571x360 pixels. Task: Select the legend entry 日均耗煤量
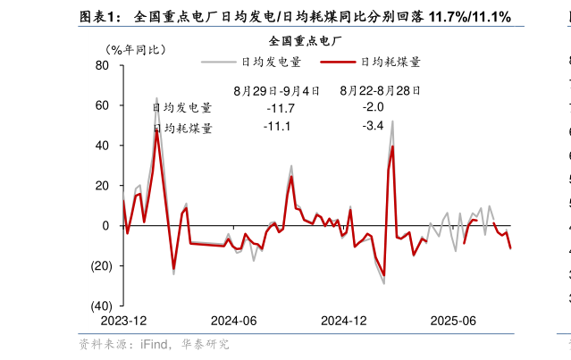coord(390,62)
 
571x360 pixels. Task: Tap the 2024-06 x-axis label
coord(234,321)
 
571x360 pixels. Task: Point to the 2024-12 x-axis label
coord(344,321)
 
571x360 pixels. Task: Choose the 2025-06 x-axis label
coord(453,321)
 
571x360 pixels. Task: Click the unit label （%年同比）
coord(135,49)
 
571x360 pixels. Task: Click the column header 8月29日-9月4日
coord(276,90)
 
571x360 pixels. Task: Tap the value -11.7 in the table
coord(281,108)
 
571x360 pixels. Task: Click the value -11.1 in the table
coord(278,127)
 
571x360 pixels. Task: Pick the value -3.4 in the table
coord(373,127)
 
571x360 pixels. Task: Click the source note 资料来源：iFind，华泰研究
coord(153,344)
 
